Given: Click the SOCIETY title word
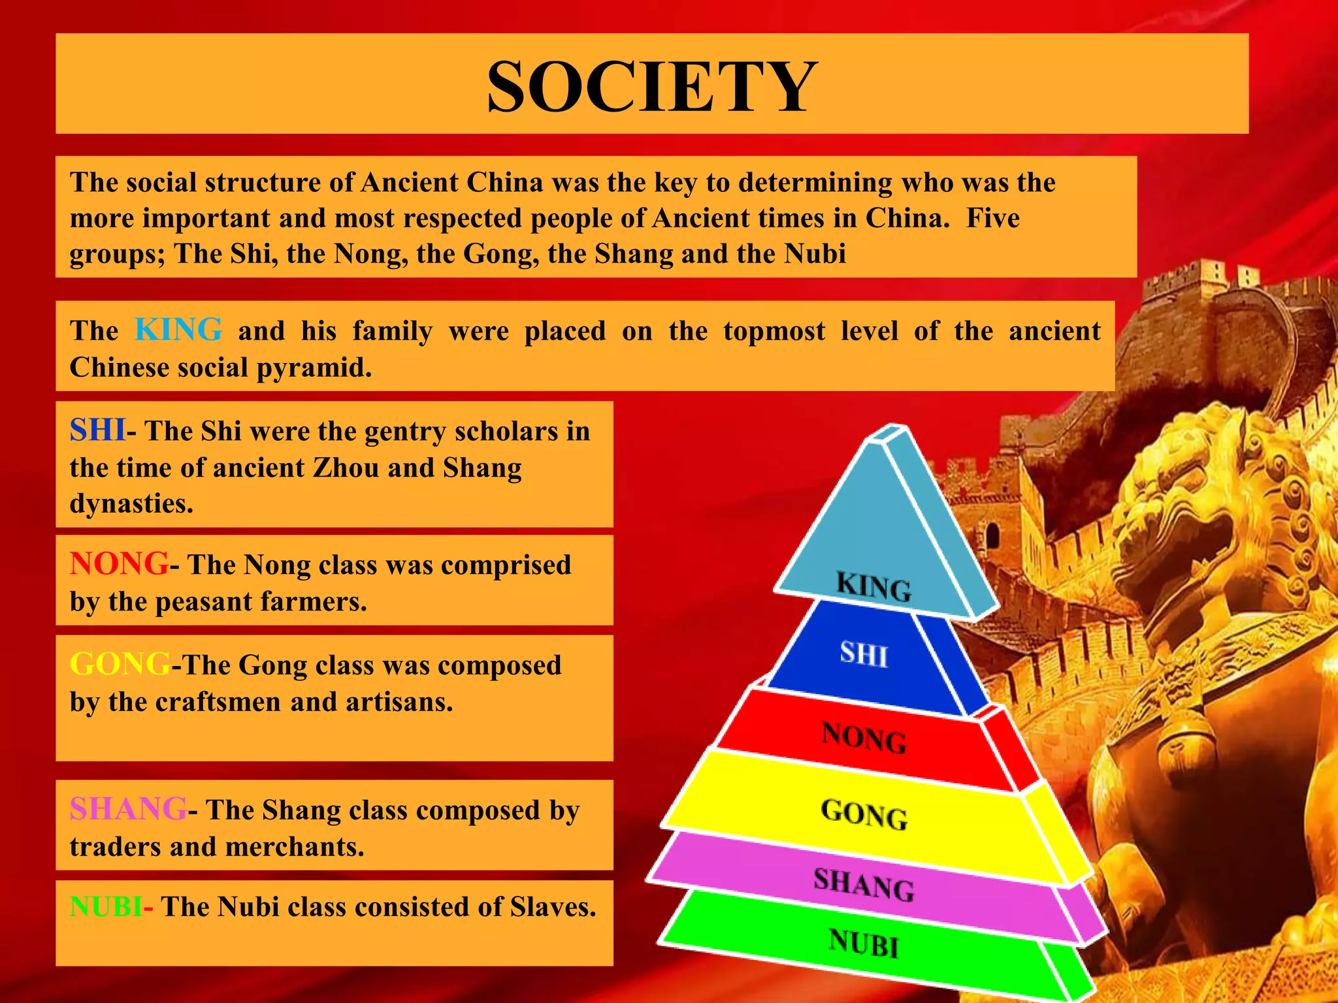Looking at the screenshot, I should tap(652, 87).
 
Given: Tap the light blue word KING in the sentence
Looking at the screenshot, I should tap(178, 330).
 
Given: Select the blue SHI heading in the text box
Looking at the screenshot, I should tap(97, 430).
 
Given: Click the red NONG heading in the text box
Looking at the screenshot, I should tap(119, 564).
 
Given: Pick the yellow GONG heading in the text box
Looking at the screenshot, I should tap(120, 664).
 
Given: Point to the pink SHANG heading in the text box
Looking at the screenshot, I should tap(128, 809).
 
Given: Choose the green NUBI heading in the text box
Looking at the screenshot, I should tap(106, 906).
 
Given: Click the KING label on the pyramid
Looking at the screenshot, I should tap(874, 586).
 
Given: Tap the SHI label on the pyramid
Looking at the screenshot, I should tap(864, 654).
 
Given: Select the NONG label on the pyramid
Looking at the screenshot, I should tap(864, 737).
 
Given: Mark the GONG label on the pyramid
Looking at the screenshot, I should tap(864, 814).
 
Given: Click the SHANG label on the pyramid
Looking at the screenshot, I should tap(864, 885).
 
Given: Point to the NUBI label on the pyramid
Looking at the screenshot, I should tap(864, 943).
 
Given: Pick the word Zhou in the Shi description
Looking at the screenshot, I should tap(346, 468).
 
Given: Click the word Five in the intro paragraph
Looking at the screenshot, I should tap(992, 218).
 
